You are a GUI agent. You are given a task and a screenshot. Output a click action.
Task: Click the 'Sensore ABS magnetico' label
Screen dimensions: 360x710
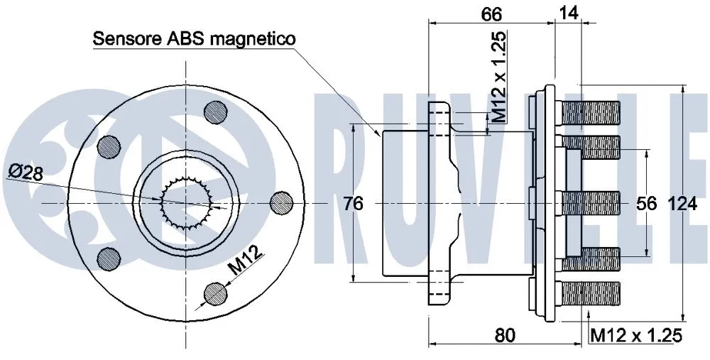(194, 39)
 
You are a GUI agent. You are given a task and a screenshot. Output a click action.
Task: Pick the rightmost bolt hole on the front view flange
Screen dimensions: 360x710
(283, 202)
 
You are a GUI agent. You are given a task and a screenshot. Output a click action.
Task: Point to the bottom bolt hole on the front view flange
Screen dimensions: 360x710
(214, 292)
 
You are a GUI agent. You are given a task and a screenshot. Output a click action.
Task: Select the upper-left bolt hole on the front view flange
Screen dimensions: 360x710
(109, 147)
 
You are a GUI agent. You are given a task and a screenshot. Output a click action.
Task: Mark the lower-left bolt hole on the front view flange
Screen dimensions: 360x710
(109, 258)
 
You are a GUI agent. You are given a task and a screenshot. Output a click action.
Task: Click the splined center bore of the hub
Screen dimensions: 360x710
(186, 202)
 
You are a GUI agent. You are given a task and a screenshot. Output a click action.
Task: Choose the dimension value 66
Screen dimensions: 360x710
(491, 13)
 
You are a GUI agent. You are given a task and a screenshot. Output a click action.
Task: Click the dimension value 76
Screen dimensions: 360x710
(353, 204)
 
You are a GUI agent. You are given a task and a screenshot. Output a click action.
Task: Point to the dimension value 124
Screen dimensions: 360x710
(684, 204)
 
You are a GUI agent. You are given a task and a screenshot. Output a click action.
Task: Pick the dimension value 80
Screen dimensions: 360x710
(505, 334)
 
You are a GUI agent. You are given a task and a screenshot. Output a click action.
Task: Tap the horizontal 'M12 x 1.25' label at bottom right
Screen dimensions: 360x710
(636, 334)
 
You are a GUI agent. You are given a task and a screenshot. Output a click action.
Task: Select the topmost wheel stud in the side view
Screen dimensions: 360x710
(590, 111)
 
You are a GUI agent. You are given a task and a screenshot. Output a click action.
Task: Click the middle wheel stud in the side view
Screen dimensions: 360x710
(590, 202)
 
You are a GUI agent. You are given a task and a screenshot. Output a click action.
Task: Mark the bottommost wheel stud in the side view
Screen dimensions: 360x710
(590, 293)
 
